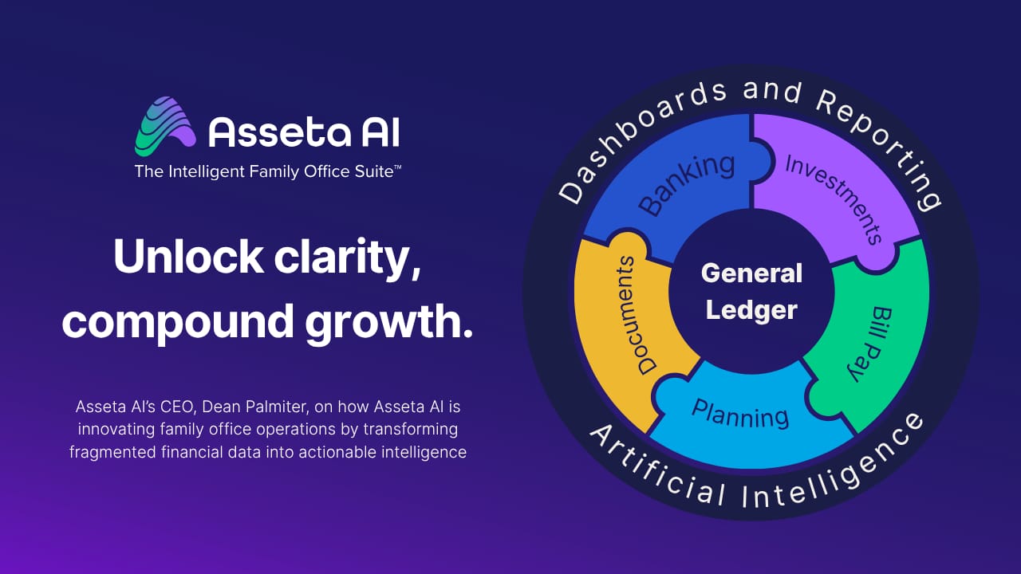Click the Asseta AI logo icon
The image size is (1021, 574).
click(x=165, y=126)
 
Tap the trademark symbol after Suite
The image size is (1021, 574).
click(x=397, y=167)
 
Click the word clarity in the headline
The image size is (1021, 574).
click(x=347, y=259)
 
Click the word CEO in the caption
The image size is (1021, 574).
click(x=178, y=407)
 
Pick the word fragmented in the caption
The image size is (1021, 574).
click(x=113, y=453)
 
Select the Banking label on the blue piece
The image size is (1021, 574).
click(x=687, y=184)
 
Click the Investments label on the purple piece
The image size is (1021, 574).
click(x=834, y=199)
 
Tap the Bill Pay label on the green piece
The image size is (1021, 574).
click(x=870, y=344)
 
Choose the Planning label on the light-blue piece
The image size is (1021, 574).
click(x=739, y=414)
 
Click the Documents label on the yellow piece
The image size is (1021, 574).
click(x=634, y=315)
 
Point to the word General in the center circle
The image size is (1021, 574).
click(x=751, y=273)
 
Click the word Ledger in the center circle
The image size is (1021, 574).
click(x=751, y=310)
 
